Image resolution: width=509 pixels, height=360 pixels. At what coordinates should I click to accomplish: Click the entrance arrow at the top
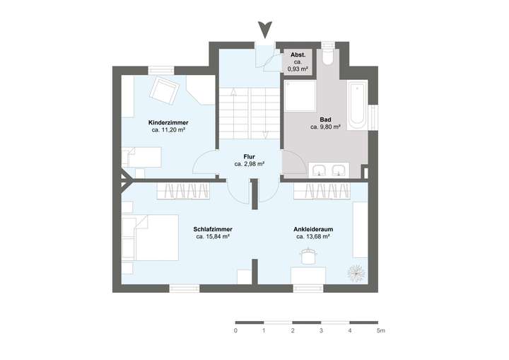pos(265,30)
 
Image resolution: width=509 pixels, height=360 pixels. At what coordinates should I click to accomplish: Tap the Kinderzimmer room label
pos(168,122)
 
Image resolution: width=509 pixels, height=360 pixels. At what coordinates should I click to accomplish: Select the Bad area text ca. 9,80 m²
pos(325,127)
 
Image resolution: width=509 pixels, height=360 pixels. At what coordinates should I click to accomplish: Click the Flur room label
pos(250,156)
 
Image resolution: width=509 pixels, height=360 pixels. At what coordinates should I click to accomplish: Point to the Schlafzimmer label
pos(213,229)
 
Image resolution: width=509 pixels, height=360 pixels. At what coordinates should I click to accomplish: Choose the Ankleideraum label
pos(313,229)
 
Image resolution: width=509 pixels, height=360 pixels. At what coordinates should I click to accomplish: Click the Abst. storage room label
pos(297,54)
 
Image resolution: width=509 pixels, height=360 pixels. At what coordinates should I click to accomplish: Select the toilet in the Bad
pos(328,57)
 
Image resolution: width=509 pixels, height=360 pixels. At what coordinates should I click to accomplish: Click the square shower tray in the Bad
pos(300,96)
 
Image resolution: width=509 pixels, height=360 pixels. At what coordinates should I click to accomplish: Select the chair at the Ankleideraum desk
pos(308,254)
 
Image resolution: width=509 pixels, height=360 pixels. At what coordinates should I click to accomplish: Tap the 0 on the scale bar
pos(235,330)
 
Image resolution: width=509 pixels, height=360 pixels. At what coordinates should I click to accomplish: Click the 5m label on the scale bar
pos(380,330)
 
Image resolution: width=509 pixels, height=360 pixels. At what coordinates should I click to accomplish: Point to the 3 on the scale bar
pos(321,330)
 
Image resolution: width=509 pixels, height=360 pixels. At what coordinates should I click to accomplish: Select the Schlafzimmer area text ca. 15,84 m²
pos(213,237)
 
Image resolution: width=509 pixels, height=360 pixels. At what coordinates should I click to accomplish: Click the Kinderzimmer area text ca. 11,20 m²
pos(168,130)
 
